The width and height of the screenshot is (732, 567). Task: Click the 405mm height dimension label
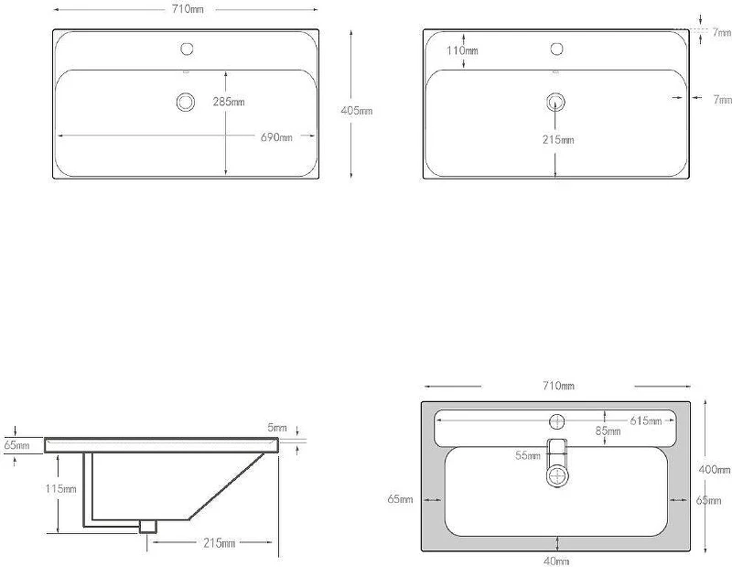[357, 111]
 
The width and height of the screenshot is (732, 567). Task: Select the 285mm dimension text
[229, 102]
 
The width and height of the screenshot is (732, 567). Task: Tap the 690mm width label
[276, 137]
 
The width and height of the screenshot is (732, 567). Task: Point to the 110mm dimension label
[462, 50]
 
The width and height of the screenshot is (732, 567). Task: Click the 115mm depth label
[60, 489]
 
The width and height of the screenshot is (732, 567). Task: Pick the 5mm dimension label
[277, 428]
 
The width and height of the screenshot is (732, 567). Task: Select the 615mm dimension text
[646, 420]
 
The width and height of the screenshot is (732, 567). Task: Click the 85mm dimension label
[608, 431]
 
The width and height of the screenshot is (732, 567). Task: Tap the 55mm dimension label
[528, 455]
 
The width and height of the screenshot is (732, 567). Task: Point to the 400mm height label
[715, 469]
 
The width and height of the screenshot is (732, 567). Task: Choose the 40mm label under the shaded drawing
[556, 561]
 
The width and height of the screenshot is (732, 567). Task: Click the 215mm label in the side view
[220, 543]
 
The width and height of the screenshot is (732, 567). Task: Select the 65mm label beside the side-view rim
[16, 445]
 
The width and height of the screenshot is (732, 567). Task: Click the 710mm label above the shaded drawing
[558, 386]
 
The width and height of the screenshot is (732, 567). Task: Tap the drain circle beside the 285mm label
[186, 102]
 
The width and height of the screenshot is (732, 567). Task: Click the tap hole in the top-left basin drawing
[187, 49]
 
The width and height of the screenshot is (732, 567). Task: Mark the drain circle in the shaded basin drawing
[558, 476]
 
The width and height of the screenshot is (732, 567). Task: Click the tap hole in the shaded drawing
[557, 422]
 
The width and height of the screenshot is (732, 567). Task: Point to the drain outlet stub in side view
[148, 527]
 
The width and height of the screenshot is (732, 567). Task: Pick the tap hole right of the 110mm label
[557, 49]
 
